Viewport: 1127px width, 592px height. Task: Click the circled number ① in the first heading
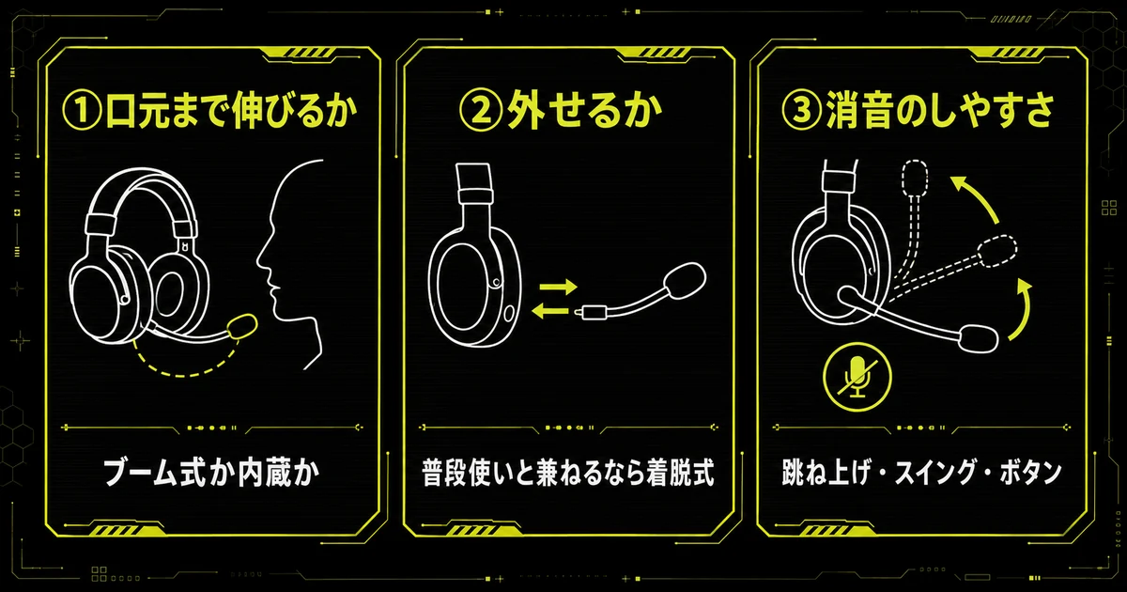(82, 111)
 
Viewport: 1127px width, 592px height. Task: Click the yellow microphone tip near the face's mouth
(242, 326)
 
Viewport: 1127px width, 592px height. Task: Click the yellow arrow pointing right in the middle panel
(559, 287)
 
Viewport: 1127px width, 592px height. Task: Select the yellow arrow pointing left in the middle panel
(550, 310)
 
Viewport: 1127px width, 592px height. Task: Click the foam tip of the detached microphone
(685, 279)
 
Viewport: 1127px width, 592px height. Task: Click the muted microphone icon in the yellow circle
(857, 377)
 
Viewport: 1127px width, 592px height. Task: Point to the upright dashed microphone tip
(916, 178)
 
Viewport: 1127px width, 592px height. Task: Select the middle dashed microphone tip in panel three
(997, 251)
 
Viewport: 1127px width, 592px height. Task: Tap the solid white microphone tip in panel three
(978, 338)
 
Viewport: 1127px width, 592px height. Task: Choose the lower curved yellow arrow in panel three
(1023, 311)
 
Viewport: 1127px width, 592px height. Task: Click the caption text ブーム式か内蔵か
(211, 474)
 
